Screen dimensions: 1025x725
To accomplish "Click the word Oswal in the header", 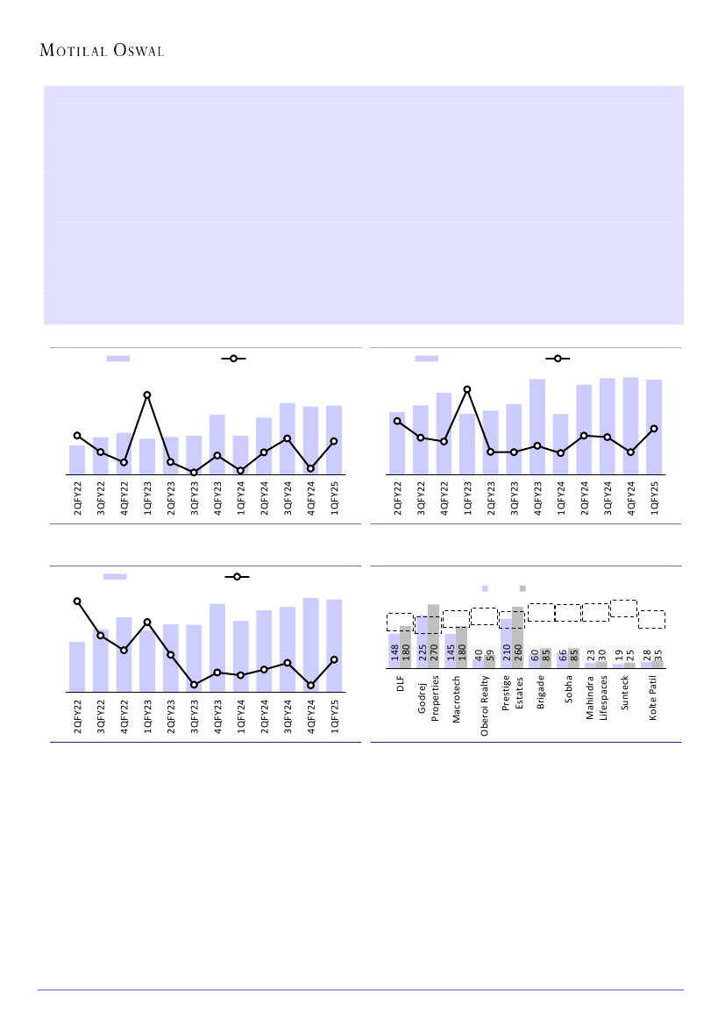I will point(139,51).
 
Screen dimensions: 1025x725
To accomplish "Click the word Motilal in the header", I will point(75,51).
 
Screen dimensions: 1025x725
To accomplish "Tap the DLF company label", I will point(400,685).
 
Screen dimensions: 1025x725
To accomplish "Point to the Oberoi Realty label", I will point(485,704).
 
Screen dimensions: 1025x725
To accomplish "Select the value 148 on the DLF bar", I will point(394,655).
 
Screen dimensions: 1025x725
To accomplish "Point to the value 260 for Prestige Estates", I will point(518,655).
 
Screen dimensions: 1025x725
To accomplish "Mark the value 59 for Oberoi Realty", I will point(490,658).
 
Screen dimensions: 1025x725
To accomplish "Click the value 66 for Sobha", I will point(563,658).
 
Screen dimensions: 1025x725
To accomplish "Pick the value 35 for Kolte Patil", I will point(658,658).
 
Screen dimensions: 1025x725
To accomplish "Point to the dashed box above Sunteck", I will point(623,608).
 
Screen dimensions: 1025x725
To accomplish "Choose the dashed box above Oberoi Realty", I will point(484,616).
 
